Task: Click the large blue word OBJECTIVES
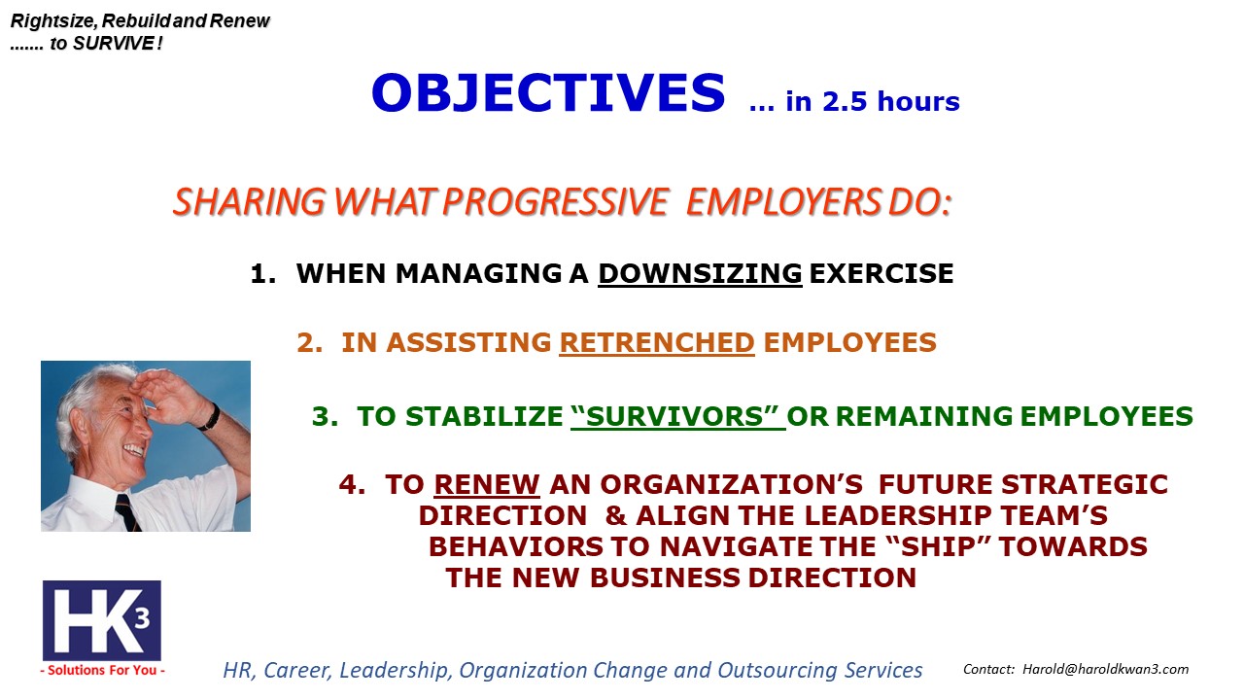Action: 548,92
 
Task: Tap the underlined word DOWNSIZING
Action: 700,273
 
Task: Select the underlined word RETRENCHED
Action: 656,342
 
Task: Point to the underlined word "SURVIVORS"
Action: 677,416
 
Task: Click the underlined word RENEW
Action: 487,484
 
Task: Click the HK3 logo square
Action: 102,620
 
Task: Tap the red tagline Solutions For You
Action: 102,670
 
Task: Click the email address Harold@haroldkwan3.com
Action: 1105,669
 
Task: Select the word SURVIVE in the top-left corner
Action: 114,44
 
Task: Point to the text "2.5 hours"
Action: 891,101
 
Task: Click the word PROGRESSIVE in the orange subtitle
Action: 555,201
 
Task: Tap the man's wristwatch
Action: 211,417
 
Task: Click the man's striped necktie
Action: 128,512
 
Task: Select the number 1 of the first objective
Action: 259,273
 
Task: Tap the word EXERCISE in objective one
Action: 881,273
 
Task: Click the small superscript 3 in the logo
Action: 143,617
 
